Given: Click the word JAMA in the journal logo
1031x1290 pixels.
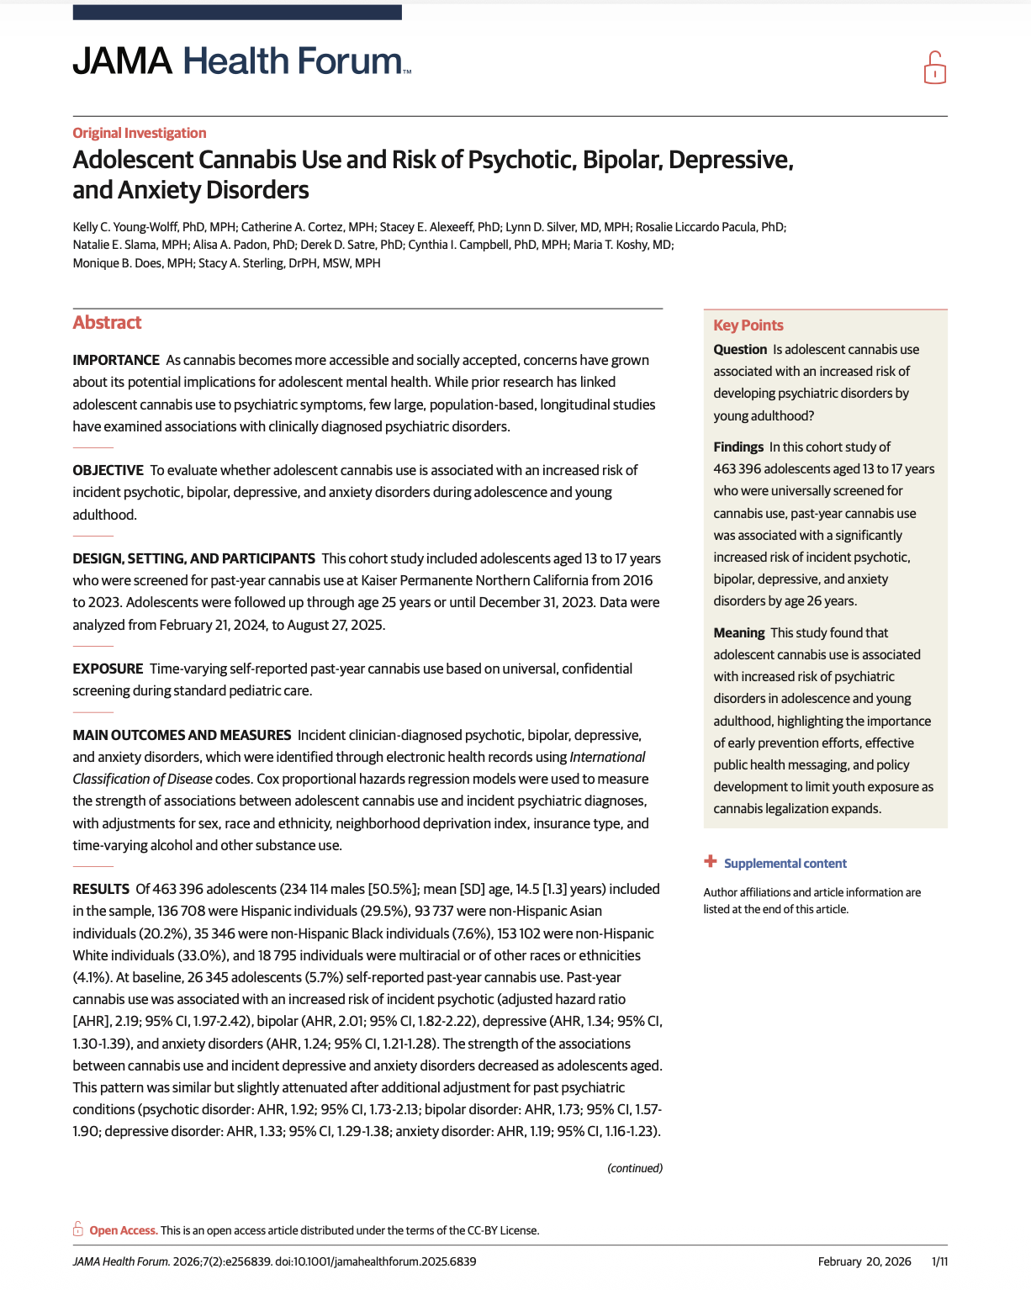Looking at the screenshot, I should point(122,61).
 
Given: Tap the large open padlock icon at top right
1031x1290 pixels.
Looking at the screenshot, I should point(934,68).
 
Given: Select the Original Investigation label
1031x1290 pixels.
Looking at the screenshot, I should point(140,133).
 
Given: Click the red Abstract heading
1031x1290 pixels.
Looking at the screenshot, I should point(107,323).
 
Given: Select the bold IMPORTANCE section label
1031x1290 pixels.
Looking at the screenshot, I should point(116,360).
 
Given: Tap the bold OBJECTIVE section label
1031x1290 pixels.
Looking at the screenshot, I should point(108,470).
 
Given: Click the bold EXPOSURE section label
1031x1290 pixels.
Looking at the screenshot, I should point(108,669).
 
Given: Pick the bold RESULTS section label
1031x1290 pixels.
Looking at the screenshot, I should point(101,889).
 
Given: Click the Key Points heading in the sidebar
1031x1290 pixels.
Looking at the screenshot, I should point(748,325).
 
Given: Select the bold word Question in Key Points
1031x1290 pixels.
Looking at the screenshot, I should point(740,350).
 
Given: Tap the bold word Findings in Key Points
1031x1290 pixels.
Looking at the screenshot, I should point(738,447).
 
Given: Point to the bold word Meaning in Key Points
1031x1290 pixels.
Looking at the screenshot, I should point(738,633).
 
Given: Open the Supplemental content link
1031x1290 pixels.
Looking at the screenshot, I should point(785,864).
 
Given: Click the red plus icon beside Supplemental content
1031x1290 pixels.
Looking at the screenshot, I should point(711,862).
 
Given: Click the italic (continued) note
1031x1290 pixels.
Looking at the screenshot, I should point(634,1168).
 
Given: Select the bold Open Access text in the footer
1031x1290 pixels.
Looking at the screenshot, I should point(123,1230).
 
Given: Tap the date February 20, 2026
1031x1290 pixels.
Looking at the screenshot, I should point(864,1261).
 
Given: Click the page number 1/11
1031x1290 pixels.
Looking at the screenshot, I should point(939,1261).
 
